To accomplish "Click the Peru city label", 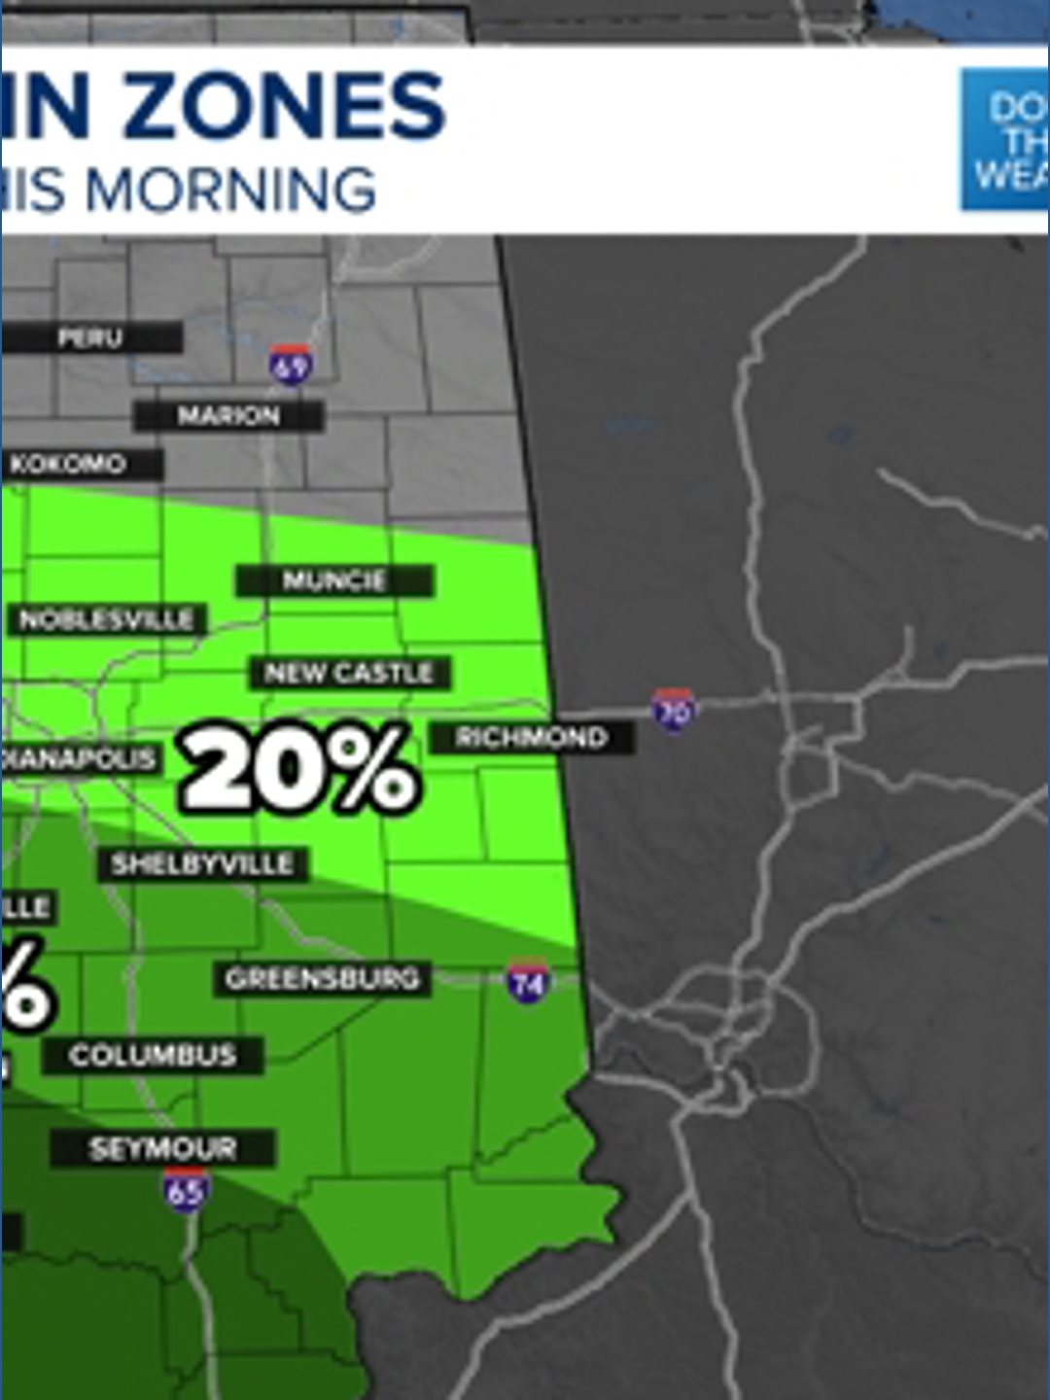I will pos(90,338).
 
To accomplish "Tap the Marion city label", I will pos(228,416).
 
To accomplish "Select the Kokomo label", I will pos(70,464).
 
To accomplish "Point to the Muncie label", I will pos(334,581).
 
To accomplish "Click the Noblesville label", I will pos(107,619).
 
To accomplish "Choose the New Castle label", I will pos(349,673).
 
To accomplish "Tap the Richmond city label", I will pos(532,737).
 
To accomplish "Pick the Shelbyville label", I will pos(202,864).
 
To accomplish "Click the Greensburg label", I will pos(323,978).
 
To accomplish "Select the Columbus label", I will pos(154,1055).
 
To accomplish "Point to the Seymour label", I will pos(162,1148).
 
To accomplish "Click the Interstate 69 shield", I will pos(290,365).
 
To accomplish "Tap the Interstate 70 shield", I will pos(673,710).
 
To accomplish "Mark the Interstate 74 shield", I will pos(527,982).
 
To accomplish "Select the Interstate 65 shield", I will pos(185,1189).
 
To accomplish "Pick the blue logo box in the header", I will pos(1004,139).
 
